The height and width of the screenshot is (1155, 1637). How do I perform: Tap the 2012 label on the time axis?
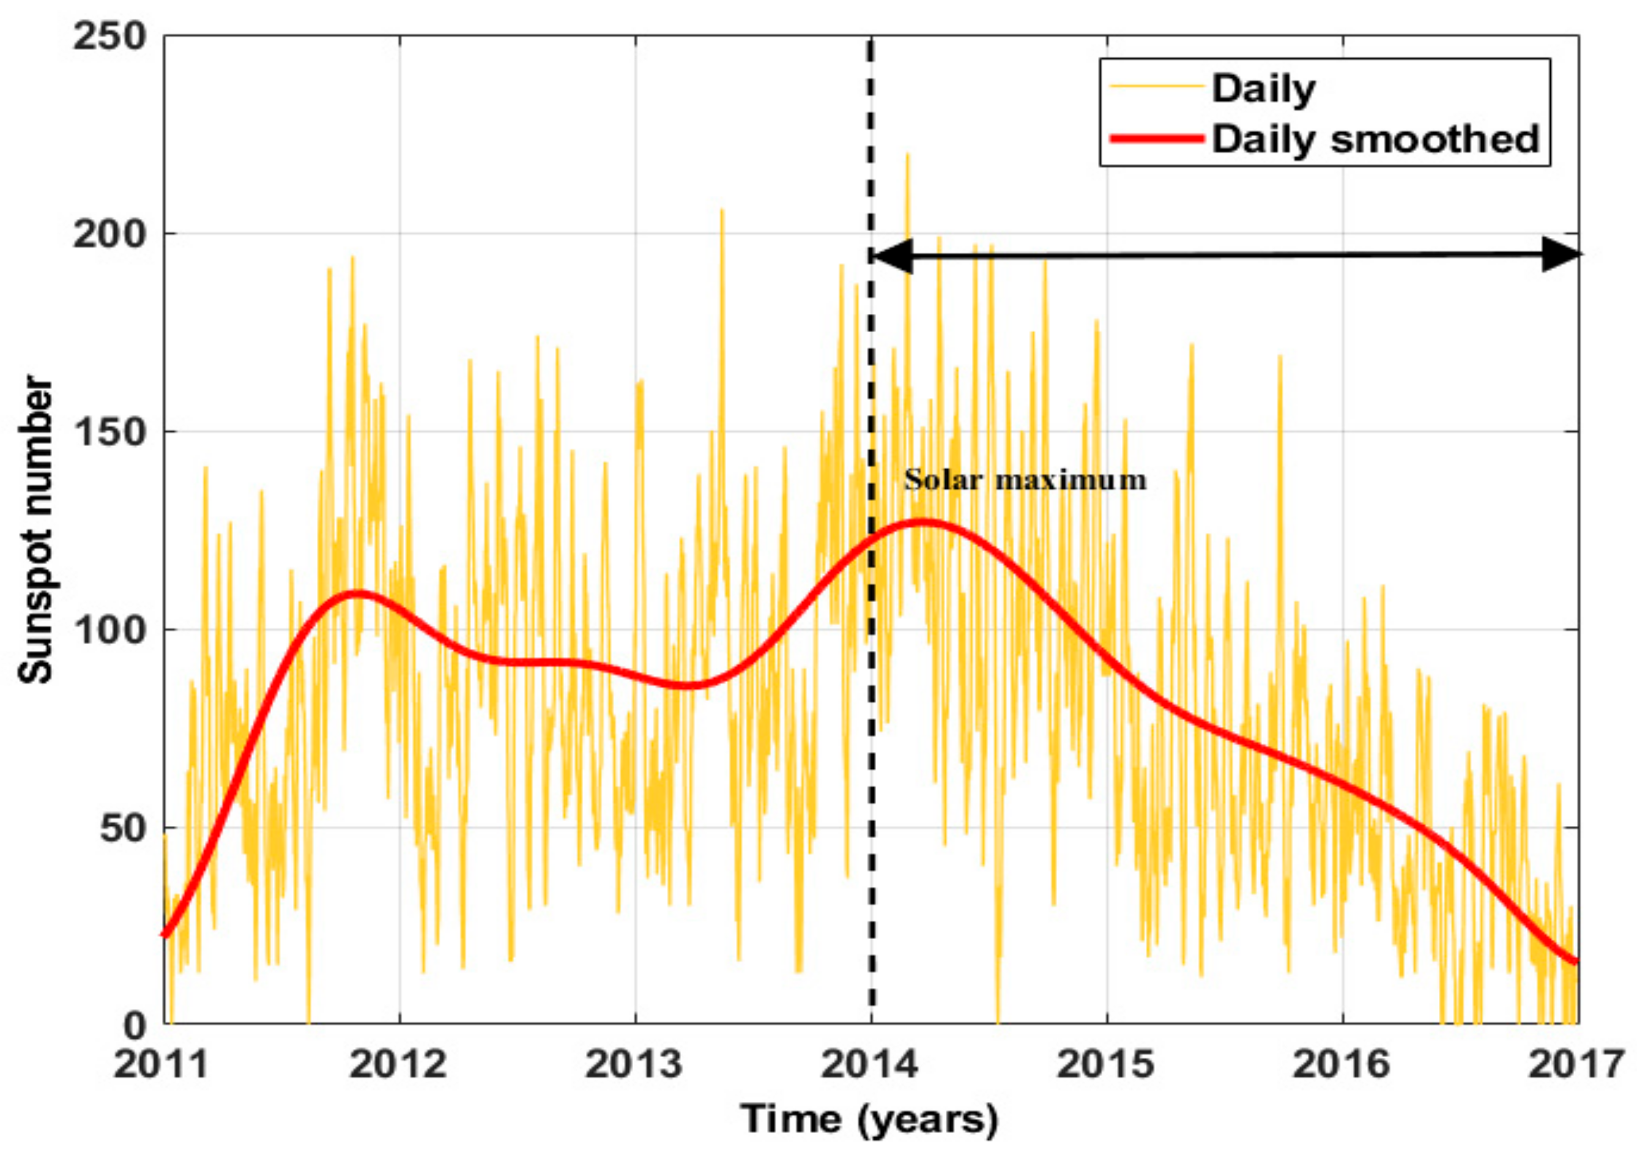pos(399,1064)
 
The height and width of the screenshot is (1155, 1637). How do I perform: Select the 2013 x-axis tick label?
pos(634,1064)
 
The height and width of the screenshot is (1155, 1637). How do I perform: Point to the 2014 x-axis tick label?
pos(870,1064)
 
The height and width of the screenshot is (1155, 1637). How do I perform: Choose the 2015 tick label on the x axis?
pos(1106,1064)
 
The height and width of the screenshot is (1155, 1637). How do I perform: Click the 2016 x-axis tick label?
pos(1342,1064)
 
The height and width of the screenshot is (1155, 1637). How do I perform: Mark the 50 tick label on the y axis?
pos(122,828)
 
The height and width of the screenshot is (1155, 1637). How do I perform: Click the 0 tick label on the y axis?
pos(135,1026)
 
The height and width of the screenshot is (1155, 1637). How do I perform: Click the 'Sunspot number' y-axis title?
pos(35,530)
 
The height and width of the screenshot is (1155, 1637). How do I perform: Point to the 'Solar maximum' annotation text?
pos(1025,480)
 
